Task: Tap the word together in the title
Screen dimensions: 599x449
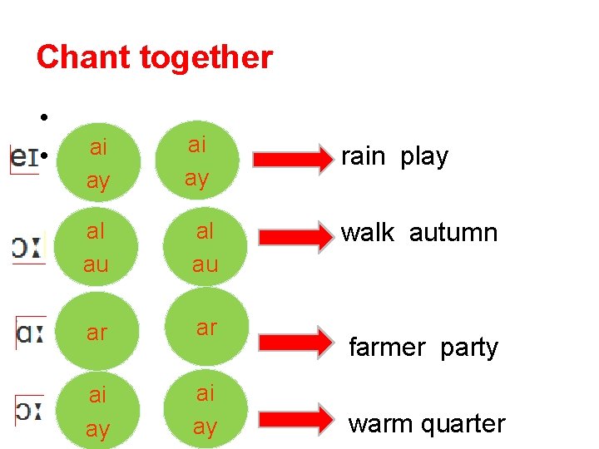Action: tap(208, 58)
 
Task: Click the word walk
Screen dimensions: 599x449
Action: tap(368, 233)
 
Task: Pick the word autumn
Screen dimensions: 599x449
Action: tap(453, 233)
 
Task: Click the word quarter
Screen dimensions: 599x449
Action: tap(462, 424)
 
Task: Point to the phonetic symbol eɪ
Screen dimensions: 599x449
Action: tap(24, 157)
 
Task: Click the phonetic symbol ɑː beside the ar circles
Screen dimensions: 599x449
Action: tap(30, 333)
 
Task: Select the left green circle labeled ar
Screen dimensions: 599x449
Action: tap(98, 333)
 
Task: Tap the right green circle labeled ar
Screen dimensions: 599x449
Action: tap(205, 328)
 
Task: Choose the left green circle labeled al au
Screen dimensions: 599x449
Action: tap(98, 248)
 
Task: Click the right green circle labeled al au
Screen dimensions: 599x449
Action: tap(205, 248)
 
